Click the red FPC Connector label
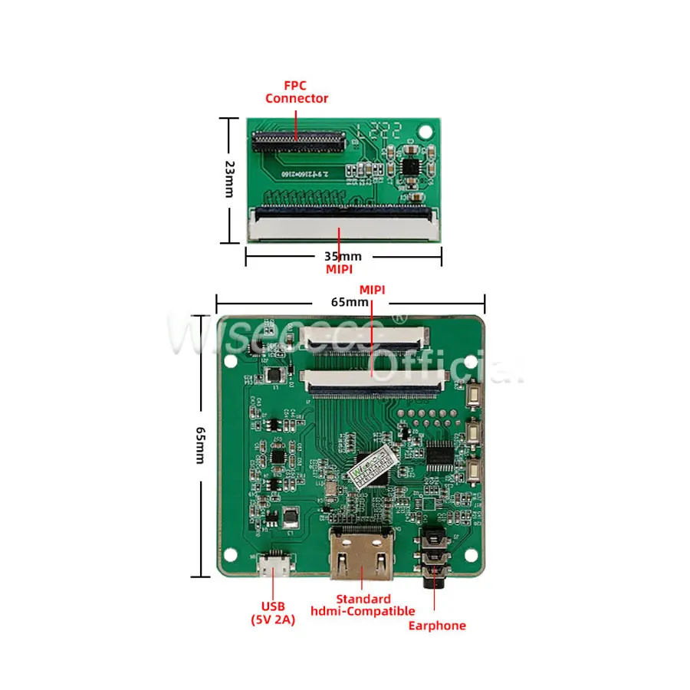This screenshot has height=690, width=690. point(296,92)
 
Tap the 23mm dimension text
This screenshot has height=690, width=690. point(229,179)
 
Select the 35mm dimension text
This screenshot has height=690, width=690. point(342,256)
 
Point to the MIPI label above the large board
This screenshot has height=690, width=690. point(373,288)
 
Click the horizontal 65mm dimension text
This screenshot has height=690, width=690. point(350,301)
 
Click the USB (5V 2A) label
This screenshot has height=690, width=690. point(273,613)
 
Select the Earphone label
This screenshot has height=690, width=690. point(436,626)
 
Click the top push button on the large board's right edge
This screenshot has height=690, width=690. point(474,396)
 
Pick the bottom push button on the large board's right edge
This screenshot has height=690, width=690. point(474,469)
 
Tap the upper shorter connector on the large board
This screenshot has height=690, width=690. point(365,335)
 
